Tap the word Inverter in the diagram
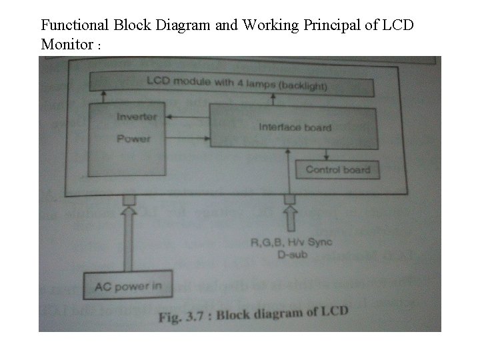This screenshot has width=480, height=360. (x=137, y=117)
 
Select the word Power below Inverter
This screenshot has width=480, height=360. (x=133, y=139)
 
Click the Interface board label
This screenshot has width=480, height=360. (x=295, y=127)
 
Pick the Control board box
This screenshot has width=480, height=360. (x=337, y=169)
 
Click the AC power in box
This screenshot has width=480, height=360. (x=128, y=287)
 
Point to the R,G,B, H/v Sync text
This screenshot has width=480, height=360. (x=291, y=243)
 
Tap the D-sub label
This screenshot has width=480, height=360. (x=290, y=254)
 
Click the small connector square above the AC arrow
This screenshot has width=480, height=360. (x=129, y=199)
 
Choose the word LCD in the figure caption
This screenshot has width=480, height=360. (x=335, y=311)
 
